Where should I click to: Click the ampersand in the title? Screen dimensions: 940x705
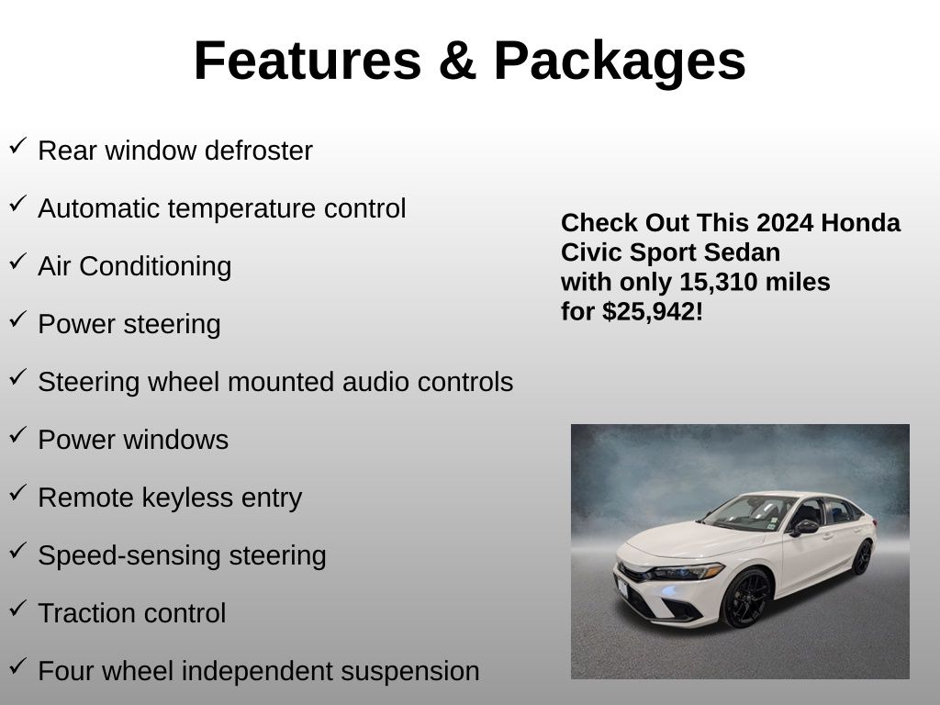(x=457, y=61)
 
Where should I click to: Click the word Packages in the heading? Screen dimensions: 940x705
(x=620, y=63)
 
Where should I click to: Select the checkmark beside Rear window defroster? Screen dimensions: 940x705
(x=18, y=145)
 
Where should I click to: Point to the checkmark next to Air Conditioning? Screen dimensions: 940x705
(x=18, y=261)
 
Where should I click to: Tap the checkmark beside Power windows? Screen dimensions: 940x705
(x=18, y=434)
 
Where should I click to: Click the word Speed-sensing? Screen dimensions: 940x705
(x=129, y=555)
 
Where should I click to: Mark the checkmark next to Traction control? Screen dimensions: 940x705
(x=18, y=608)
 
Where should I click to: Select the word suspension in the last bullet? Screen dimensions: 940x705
(x=410, y=672)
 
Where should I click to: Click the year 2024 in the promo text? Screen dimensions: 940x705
(x=777, y=223)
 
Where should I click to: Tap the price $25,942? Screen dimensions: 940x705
(x=650, y=312)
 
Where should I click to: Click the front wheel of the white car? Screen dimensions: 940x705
(x=746, y=599)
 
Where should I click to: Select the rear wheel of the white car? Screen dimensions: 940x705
(x=862, y=557)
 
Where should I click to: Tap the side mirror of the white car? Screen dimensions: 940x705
(x=804, y=527)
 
